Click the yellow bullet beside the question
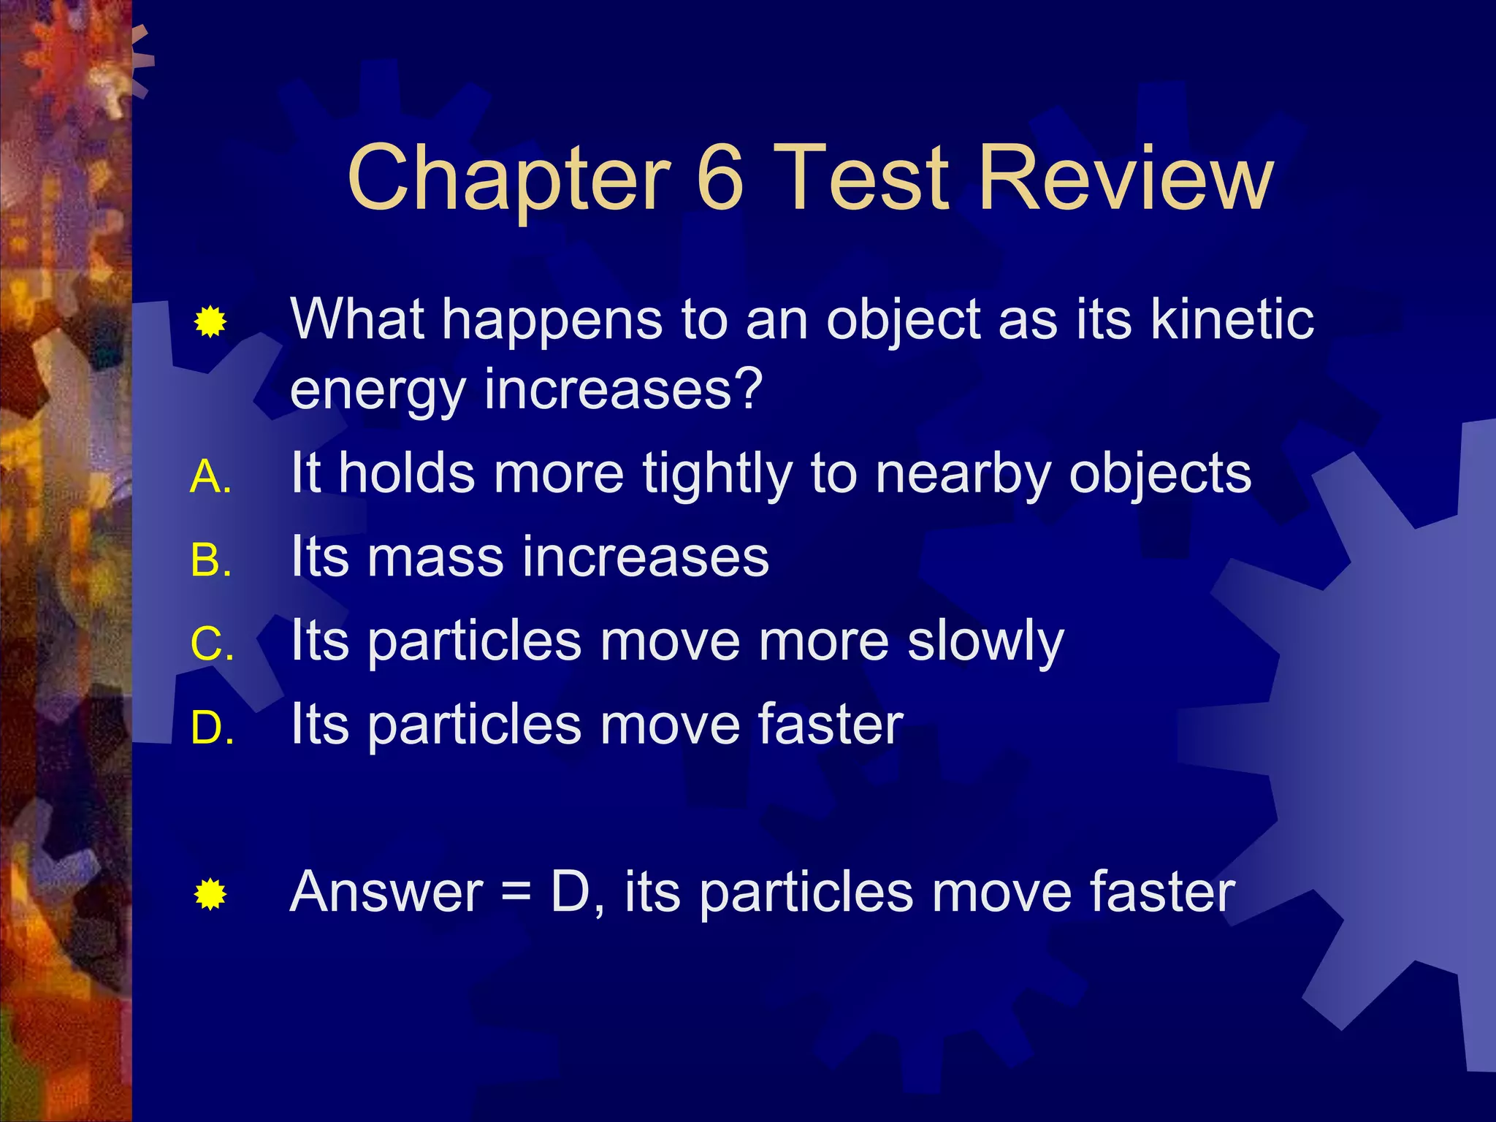pyautogui.click(x=210, y=322)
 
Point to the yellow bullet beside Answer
pyautogui.click(x=210, y=895)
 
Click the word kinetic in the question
pyautogui.click(x=1232, y=319)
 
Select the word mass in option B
pyautogui.click(x=435, y=557)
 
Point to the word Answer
pyautogui.click(x=386, y=892)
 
